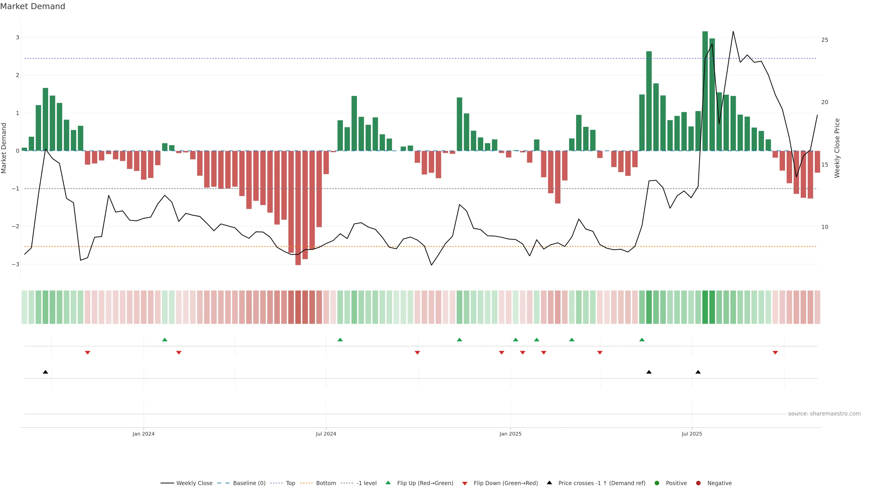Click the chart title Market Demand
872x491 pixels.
(x=32, y=6)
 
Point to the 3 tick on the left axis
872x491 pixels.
(x=17, y=37)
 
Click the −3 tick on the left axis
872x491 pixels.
(x=16, y=264)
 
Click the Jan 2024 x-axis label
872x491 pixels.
(x=144, y=434)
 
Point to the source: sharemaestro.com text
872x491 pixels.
(x=824, y=414)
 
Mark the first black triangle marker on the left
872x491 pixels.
(x=45, y=372)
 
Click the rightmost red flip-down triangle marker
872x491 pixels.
(x=775, y=353)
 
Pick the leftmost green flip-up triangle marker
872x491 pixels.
(x=165, y=340)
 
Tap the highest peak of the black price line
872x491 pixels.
(x=733, y=32)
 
